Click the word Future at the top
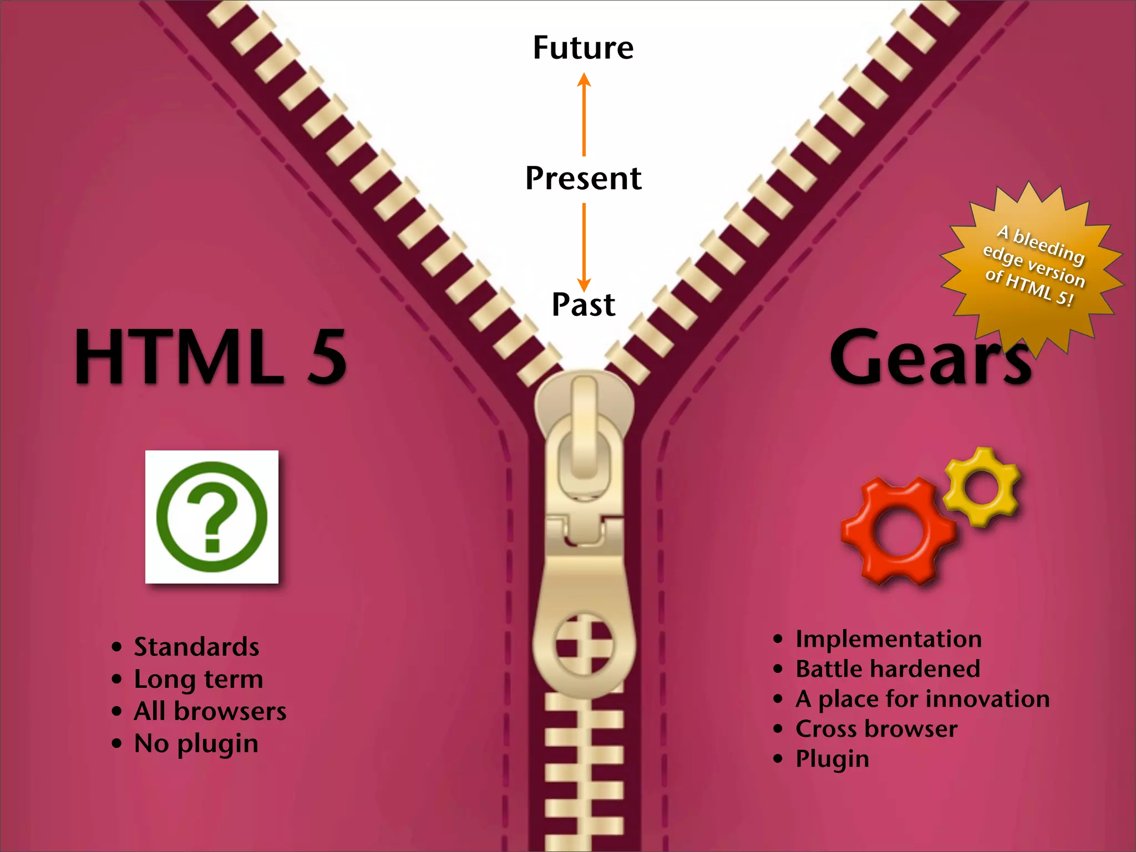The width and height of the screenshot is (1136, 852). pos(583,48)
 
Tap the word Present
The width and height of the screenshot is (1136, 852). pos(583,179)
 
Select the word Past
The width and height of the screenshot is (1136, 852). pos(583,305)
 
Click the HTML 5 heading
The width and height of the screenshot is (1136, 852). pos(211,356)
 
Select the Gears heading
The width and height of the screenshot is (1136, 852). pos(930,358)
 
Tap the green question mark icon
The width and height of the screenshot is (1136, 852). pos(212,517)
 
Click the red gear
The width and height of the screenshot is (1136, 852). pos(897,531)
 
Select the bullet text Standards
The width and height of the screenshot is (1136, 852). pos(196,647)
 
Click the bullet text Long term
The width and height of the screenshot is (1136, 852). pos(198,679)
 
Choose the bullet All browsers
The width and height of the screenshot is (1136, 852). pos(210,711)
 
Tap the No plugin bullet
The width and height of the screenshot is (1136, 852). pos(196,743)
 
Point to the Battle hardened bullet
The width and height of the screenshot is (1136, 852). pos(887,669)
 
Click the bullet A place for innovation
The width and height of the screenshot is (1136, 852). pos(922,699)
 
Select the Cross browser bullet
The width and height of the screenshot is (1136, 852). pos(876,729)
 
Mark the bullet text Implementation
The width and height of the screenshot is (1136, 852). pos(888,639)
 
